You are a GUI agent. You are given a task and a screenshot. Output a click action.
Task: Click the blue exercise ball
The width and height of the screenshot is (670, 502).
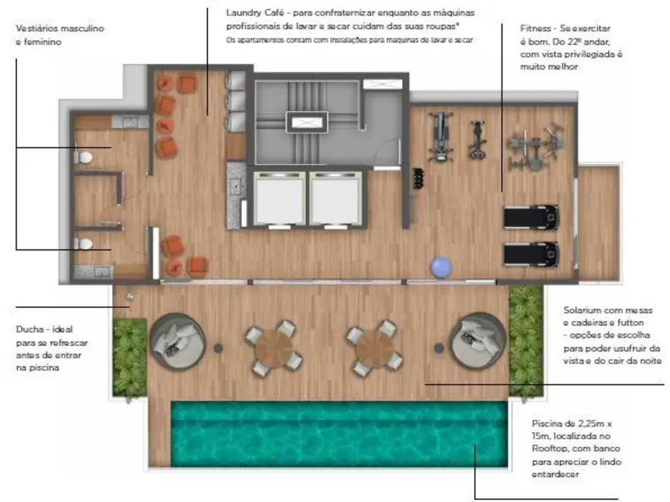(441, 267)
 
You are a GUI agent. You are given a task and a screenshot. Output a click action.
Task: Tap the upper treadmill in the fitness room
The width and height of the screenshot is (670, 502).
(531, 217)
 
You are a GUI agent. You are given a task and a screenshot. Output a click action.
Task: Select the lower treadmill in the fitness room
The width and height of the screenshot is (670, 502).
(531, 253)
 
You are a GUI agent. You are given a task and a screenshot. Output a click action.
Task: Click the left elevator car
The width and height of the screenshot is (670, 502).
(281, 198)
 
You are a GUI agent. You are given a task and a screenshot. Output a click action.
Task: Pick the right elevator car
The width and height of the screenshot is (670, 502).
(335, 198)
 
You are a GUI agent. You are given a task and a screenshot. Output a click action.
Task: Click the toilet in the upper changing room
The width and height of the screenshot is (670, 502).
(84, 157)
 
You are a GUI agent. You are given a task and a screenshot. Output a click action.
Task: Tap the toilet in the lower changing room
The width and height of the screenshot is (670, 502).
(84, 243)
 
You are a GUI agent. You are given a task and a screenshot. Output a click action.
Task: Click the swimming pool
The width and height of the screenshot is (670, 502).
(338, 433)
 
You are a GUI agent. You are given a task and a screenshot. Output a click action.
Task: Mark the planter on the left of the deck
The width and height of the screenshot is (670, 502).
(129, 350)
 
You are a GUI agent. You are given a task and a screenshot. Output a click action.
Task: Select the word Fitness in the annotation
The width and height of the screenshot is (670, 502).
(536, 28)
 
